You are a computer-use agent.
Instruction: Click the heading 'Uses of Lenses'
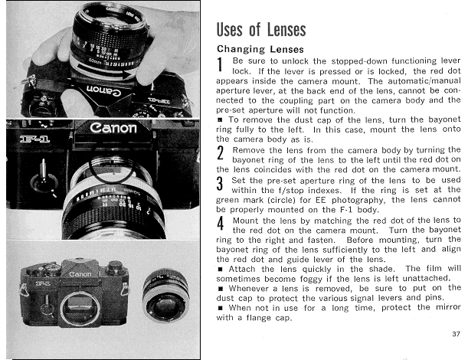coord(261,30)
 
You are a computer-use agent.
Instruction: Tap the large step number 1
coord(221,66)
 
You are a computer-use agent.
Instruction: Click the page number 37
coord(456,333)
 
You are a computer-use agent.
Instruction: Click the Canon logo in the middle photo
coord(113,129)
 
